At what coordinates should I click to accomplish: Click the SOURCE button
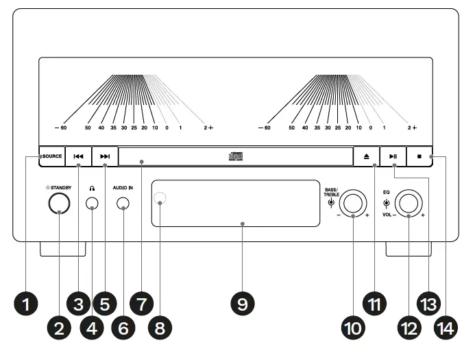(51, 156)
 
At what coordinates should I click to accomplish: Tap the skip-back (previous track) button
(79, 156)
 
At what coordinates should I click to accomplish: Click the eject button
(367, 156)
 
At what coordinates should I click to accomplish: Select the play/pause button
(393, 156)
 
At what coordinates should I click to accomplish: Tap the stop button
(419, 156)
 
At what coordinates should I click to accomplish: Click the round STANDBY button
(59, 203)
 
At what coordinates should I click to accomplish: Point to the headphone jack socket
(92, 204)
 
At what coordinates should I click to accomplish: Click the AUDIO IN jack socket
(123, 204)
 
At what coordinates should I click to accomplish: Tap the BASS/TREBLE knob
(354, 203)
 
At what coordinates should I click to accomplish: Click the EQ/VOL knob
(410, 203)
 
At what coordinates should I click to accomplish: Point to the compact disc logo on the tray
(236, 156)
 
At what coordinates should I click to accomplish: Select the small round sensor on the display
(160, 199)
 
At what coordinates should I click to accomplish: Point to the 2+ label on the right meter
(411, 128)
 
